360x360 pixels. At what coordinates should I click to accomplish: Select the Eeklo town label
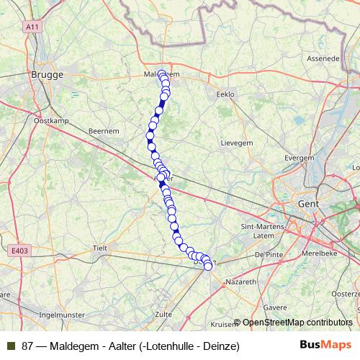(x=225, y=94)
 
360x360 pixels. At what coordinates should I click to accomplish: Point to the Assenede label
(x=323, y=58)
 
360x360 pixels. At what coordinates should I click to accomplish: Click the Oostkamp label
(x=50, y=121)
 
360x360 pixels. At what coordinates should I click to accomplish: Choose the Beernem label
(x=102, y=131)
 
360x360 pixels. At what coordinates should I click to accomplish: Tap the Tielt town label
(x=99, y=248)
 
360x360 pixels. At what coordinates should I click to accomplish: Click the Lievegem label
(x=235, y=143)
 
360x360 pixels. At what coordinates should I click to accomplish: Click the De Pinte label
(x=268, y=255)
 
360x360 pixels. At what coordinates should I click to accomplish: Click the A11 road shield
(x=31, y=27)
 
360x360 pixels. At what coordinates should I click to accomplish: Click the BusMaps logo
(x=320, y=346)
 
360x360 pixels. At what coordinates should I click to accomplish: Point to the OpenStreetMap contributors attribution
(x=297, y=323)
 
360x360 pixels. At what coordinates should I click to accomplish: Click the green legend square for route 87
(x=10, y=346)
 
